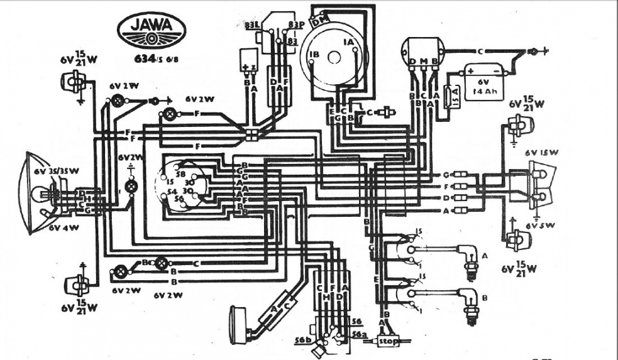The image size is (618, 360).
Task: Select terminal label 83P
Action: click(295, 25)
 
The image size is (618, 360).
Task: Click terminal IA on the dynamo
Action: click(348, 41)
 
